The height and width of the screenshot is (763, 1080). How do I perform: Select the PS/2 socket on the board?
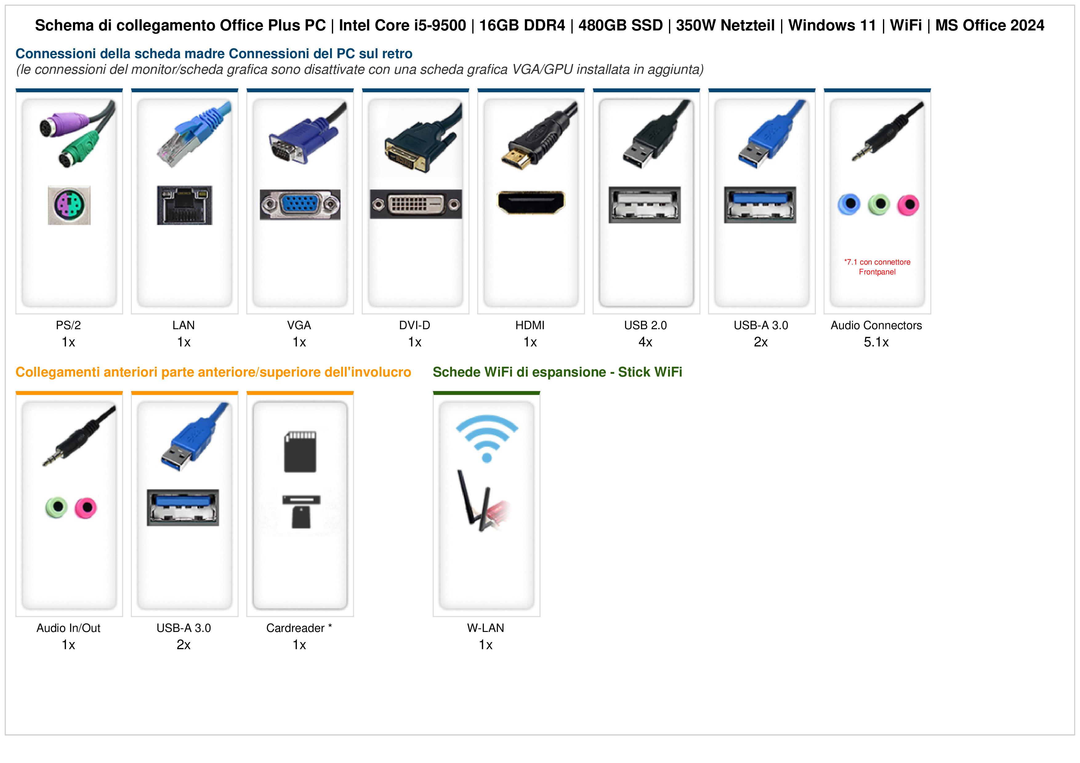click(x=69, y=205)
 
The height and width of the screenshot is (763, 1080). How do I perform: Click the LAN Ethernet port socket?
click(x=184, y=205)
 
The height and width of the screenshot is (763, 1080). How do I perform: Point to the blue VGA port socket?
click(x=300, y=205)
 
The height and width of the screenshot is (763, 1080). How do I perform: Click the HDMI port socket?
click(x=530, y=203)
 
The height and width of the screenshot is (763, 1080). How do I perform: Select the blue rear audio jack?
click(x=849, y=205)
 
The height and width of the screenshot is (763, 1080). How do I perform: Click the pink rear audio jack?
click(x=908, y=205)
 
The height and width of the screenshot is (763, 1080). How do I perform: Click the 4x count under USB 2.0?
click(x=645, y=342)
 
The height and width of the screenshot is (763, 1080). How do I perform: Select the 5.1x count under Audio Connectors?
click(x=876, y=342)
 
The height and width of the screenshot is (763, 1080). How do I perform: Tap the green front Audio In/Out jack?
click(x=56, y=507)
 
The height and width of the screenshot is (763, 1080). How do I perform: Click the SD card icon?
click(x=300, y=451)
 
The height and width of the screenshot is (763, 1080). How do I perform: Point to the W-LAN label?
click(x=486, y=628)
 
